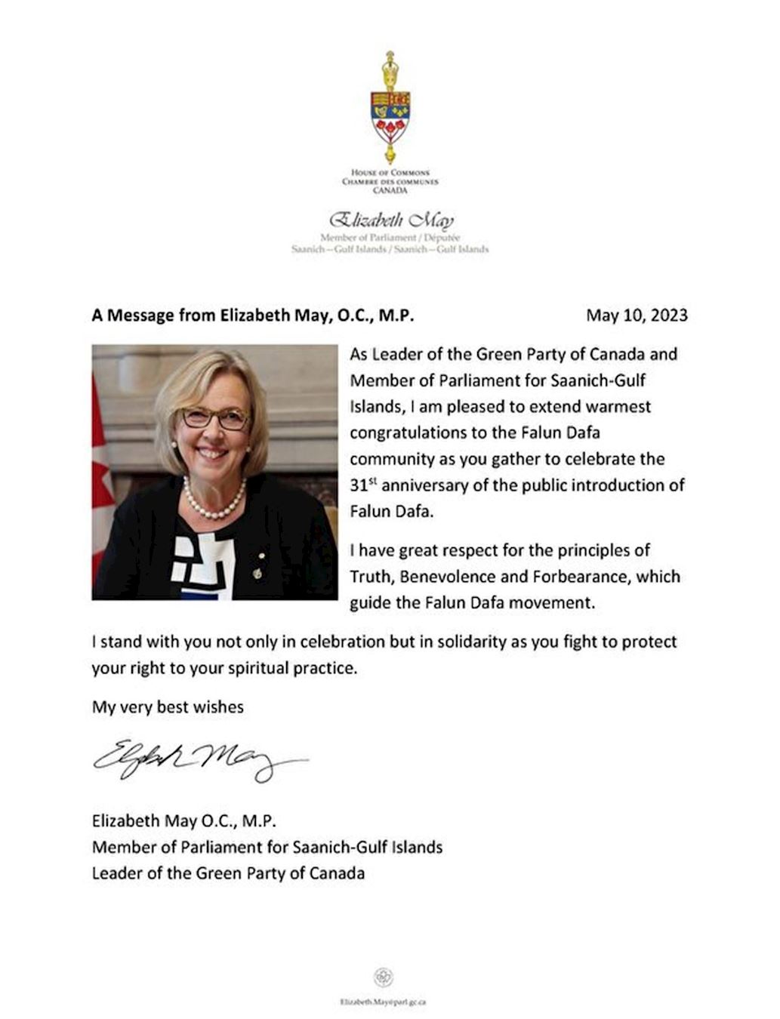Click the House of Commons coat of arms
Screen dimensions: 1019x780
[x=390, y=107]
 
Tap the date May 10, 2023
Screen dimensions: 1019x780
[x=637, y=315]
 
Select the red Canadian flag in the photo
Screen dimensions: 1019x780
[x=101, y=483]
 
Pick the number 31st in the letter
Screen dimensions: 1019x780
[x=362, y=485]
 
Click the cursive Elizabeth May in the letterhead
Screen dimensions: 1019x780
[x=390, y=221]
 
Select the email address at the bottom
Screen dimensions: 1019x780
[x=383, y=1002]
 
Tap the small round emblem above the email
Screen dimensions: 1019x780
[x=383, y=977]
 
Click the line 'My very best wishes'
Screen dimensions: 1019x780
[x=168, y=707]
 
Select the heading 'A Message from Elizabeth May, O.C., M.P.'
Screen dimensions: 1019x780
[x=253, y=315]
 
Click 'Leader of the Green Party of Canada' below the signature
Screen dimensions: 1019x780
[x=228, y=873]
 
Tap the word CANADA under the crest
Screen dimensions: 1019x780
[x=390, y=190]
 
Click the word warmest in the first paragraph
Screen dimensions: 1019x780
[x=618, y=406]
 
